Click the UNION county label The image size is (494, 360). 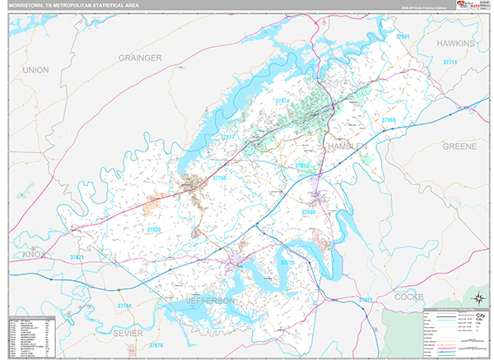(35, 70)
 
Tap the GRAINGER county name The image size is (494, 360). (140, 58)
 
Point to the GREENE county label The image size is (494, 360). (459, 146)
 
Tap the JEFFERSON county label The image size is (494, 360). (210, 302)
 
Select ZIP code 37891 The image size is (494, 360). (403, 37)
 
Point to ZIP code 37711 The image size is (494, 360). (450, 63)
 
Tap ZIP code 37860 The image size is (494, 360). (388, 120)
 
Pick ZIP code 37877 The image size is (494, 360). (228, 137)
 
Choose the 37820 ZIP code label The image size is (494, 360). (153, 228)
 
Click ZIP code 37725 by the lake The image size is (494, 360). (287, 262)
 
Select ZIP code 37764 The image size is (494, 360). (124, 306)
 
